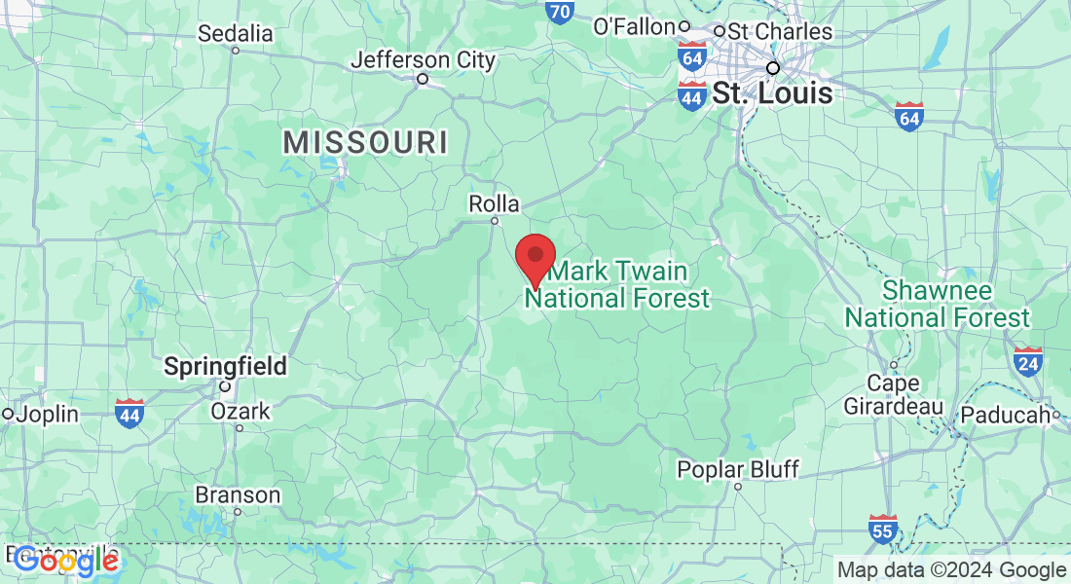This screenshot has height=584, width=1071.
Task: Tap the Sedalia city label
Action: (236, 33)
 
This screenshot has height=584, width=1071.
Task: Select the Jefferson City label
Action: (424, 60)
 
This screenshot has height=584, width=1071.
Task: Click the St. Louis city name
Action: (773, 93)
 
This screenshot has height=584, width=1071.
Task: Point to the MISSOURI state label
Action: (366, 143)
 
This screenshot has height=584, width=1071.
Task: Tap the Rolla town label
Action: (495, 204)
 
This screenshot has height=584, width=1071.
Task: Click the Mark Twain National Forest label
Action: (618, 284)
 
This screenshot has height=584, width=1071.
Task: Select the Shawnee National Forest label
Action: (937, 304)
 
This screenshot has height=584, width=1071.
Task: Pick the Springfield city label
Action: (225, 367)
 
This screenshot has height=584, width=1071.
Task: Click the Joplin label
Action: (47, 414)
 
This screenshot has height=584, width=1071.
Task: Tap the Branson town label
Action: (238, 494)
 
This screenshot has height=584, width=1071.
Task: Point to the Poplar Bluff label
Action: (738, 470)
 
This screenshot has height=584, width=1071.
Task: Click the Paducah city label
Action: (1008, 416)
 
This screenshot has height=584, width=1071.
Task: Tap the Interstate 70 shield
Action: (559, 11)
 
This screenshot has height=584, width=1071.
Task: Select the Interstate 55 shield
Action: (883, 529)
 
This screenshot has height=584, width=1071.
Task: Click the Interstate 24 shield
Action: (1027, 362)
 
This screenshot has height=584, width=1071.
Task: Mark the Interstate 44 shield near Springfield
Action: (129, 413)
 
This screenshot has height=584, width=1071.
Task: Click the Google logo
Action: (66, 560)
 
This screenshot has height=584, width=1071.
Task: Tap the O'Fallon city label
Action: (635, 26)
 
